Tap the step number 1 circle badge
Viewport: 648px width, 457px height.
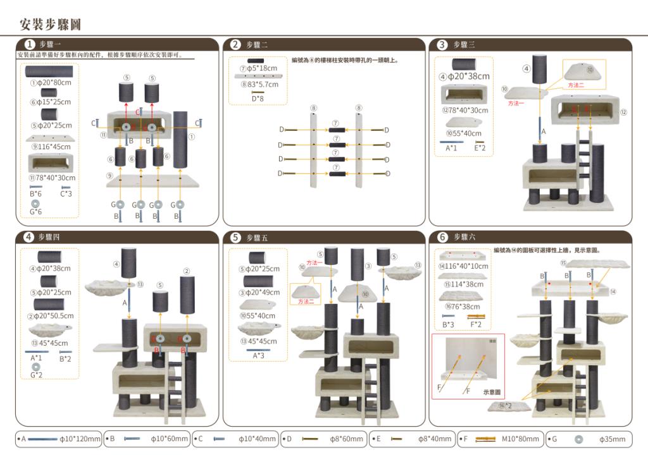click(29, 44)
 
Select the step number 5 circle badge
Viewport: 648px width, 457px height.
click(235, 238)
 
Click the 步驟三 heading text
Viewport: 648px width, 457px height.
click(464, 44)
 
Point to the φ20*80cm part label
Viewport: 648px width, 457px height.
click(50, 83)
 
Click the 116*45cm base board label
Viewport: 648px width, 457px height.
click(50, 146)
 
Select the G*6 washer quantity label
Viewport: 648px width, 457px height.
click(36, 212)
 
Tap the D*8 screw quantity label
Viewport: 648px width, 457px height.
click(258, 98)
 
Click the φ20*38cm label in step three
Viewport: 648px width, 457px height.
click(464, 76)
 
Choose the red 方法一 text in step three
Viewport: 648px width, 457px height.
click(516, 102)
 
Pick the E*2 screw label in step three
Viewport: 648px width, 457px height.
click(480, 149)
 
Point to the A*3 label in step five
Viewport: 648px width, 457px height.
click(258, 356)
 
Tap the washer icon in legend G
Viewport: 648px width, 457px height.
click(578, 439)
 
